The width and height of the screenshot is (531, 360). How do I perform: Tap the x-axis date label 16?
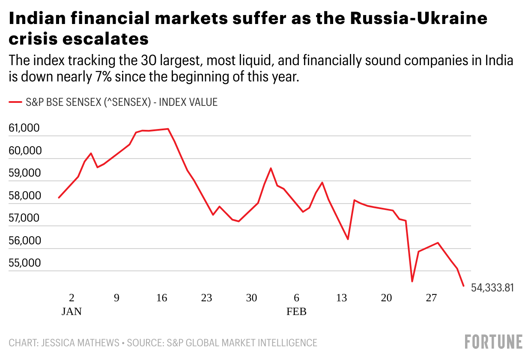pyautogui.click(x=161, y=298)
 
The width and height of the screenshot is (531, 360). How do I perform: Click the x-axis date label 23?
pyautogui.click(x=206, y=298)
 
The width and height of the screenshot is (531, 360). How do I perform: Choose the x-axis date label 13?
pyautogui.click(x=341, y=298)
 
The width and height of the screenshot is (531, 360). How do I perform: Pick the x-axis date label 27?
pyautogui.click(x=431, y=298)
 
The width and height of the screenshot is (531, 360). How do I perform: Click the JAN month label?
pyautogui.click(x=72, y=312)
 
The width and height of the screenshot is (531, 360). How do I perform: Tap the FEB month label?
pyautogui.click(x=296, y=312)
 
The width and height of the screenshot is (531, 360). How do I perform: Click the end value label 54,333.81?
pyautogui.click(x=492, y=288)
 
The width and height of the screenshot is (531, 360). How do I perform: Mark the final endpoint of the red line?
pyautogui.click(x=464, y=286)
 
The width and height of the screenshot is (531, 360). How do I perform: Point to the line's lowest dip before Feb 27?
pyautogui.click(x=412, y=282)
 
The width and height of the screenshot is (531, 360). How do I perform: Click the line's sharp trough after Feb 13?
pyautogui.click(x=348, y=239)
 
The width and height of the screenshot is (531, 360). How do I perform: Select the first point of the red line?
pyautogui.click(x=59, y=198)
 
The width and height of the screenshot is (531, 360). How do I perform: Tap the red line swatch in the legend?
pyautogui.click(x=15, y=102)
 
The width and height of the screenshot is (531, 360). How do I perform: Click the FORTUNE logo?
pyautogui.click(x=494, y=342)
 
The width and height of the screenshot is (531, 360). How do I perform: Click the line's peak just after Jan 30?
pyautogui.click(x=271, y=168)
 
